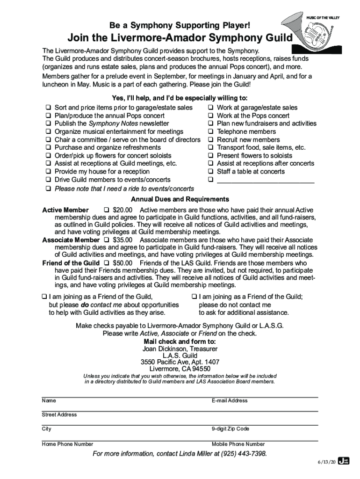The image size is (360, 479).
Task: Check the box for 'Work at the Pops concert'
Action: (x=211, y=116)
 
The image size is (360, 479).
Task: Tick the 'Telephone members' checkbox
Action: (x=211, y=131)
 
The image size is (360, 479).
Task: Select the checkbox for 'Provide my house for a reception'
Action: (x=48, y=172)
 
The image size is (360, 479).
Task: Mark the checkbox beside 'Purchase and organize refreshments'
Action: (x=48, y=148)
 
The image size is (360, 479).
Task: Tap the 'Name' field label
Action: (x=49, y=401)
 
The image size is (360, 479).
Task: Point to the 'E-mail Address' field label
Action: (x=230, y=401)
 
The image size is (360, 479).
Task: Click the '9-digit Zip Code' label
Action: (x=230, y=429)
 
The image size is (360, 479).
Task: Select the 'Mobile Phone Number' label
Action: (x=238, y=444)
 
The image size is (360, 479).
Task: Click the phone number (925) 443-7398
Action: (x=243, y=454)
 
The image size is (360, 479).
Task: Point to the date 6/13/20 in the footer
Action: (x=326, y=462)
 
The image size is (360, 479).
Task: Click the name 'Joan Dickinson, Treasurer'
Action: (x=180, y=349)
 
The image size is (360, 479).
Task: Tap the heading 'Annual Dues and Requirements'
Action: (x=180, y=200)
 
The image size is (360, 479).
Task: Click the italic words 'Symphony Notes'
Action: (x=110, y=123)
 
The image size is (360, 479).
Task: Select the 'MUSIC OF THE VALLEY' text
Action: (x=323, y=17)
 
